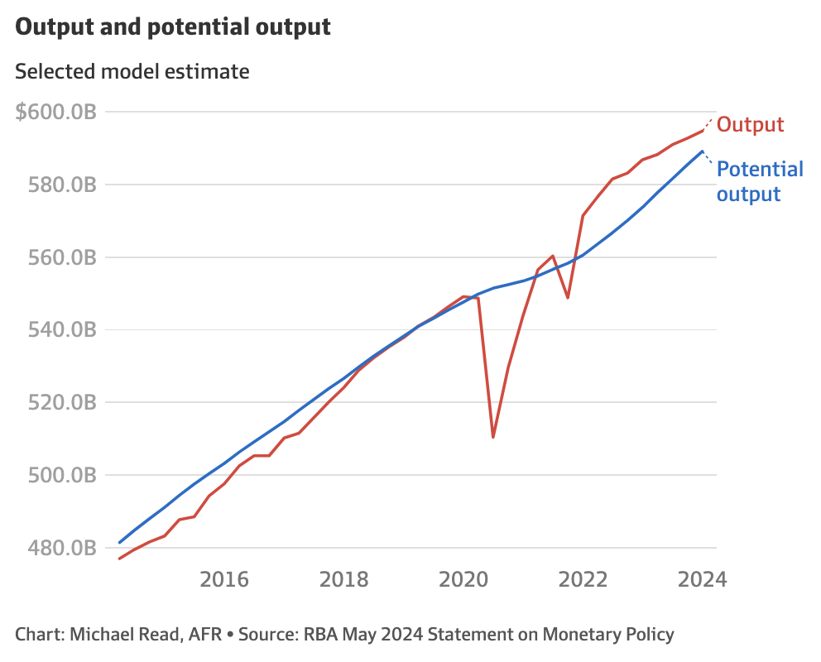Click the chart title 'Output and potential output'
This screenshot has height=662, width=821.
pos(173,26)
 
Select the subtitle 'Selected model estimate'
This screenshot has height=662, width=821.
pos(132,71)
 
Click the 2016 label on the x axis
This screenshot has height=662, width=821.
pos(224,578)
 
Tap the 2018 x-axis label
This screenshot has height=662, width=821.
pos(345,578)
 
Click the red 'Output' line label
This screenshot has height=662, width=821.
pos(750,125)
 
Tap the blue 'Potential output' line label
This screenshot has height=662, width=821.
pos(759,181)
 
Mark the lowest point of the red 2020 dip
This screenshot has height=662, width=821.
pos(493,437)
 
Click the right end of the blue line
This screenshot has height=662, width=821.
pos(703,151)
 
